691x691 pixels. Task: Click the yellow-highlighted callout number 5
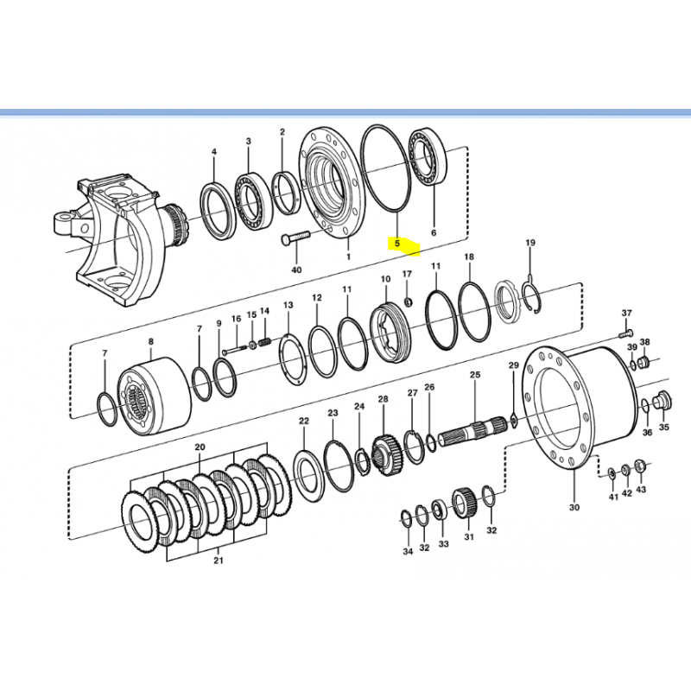click(x=397, y=244)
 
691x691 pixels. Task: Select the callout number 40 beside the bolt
click(x=296, y=269)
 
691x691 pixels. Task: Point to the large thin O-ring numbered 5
click(x=386, y=168)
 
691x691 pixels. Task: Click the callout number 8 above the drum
click(x=150, y=342)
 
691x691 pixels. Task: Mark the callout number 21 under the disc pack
click(x=219, y=561)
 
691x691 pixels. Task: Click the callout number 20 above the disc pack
click(x=200, y=447)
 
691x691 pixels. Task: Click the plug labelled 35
click(x=662, y=400)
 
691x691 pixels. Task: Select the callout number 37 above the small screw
click(x=628, y=313)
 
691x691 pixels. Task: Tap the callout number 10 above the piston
click(x=386, y=279)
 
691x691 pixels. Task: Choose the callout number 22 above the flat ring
click(x=304, y=421)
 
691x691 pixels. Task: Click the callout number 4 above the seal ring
click(x=215, y=153)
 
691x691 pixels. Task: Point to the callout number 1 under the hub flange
click(x=348, y=257)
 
